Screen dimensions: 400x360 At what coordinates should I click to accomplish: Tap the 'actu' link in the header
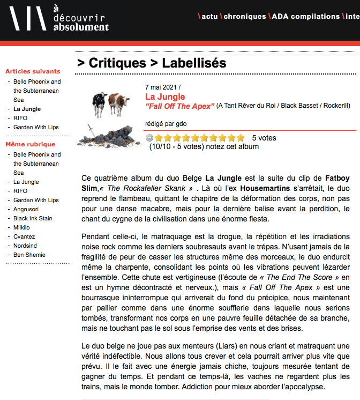(x=209, y=17)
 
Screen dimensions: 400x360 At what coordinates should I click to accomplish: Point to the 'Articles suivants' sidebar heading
(x=33, y=71)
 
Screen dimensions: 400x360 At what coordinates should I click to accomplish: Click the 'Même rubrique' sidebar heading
(x=30, y=144)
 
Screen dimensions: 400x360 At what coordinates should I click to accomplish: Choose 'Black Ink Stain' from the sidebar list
(x=33, y=218)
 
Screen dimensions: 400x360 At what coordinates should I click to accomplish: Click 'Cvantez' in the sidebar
(x=25, y=236)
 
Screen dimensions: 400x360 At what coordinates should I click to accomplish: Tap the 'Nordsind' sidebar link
(x=26, y=246)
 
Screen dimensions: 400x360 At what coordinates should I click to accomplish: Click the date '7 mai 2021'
(x=161, y=87)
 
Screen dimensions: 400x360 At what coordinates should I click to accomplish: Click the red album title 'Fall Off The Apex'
(x=180, y=106)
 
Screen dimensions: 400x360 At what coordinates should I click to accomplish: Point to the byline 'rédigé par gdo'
(x=166, y=124)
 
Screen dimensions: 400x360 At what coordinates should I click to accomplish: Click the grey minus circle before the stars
(x=149, y=138)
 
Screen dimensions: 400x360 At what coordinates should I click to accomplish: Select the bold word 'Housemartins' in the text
(x=262, y=189)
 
